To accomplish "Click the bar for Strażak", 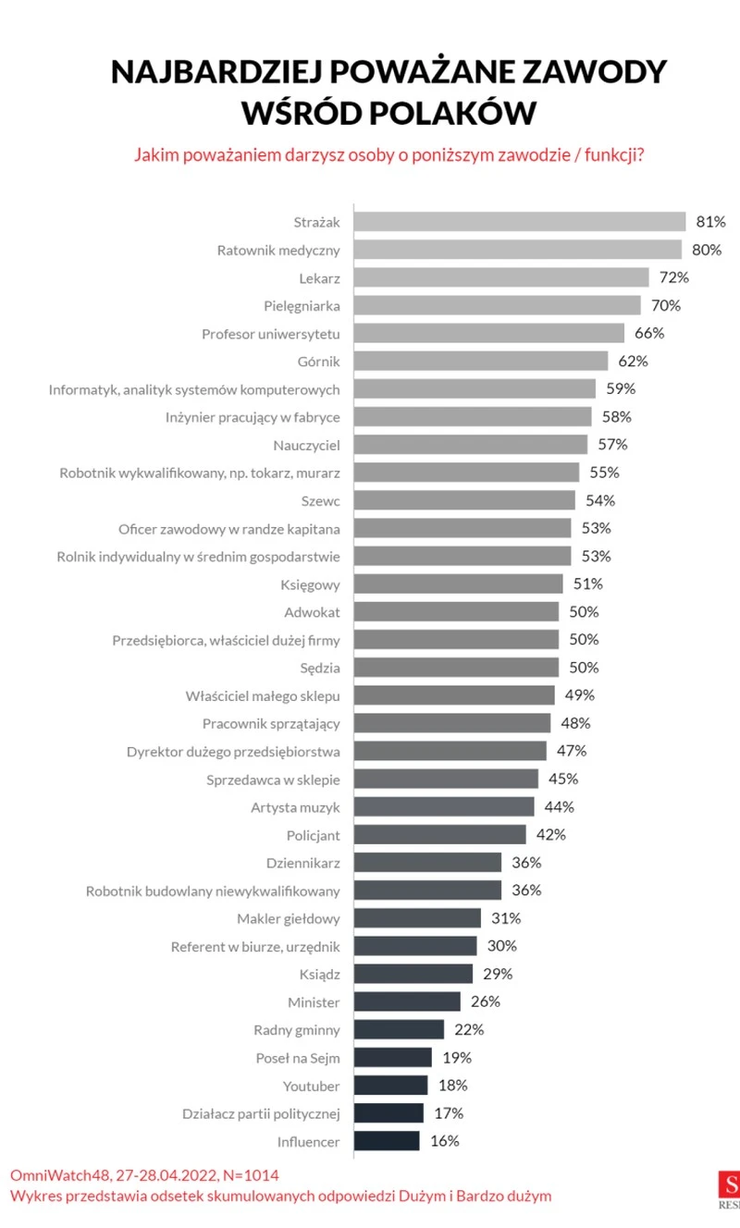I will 519,222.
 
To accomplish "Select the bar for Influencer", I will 387,1141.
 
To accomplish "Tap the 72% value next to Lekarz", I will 673,277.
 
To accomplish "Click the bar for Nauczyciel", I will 470,445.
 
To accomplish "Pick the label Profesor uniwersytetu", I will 271,333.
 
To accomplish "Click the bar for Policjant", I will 439,835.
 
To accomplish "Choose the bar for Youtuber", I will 390,1086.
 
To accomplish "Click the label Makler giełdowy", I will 289,918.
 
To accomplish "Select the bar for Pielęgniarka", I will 497,305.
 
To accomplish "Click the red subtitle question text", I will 388,154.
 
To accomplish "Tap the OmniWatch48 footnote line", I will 143,1175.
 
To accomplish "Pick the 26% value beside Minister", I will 485,1001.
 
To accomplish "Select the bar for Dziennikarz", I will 427,863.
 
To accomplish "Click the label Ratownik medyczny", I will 278,250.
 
